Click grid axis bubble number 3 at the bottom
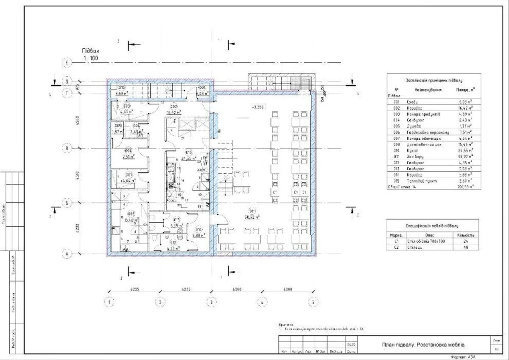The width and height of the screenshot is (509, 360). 211,302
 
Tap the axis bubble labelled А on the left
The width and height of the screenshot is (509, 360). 67,254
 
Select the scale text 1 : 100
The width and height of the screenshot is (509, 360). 91,58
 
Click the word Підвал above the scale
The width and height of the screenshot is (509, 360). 91,51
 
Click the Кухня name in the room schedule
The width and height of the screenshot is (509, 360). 412,150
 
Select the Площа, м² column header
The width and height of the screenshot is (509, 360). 465,90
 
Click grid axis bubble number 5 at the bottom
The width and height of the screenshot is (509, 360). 313,302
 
